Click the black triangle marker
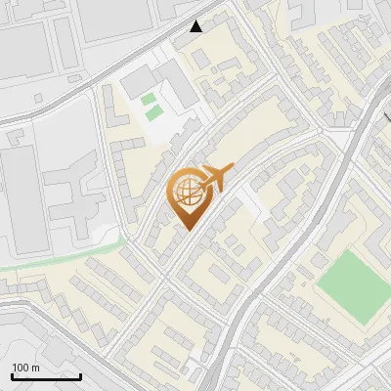196,26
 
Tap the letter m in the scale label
36,368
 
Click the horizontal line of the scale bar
46,376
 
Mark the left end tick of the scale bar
13,375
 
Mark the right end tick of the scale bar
80,375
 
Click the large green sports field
353,285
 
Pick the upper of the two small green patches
148,99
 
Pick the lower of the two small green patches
154,113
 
